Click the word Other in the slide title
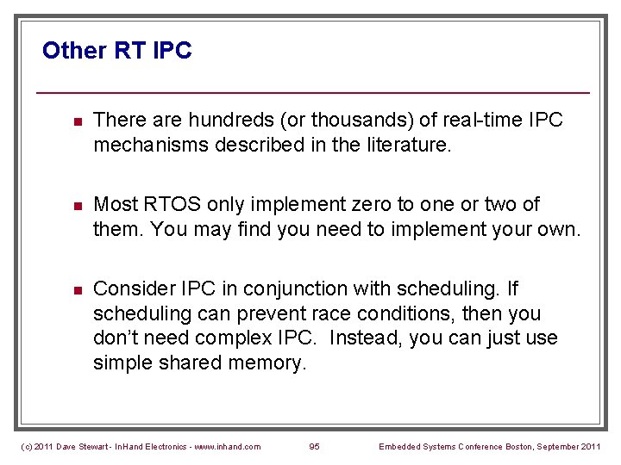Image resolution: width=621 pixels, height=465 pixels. pyautogui.click(x=74, y=51)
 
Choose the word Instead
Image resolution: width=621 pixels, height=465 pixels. pyautogui.click(x=367, y=338)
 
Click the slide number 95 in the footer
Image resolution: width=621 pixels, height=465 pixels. pyautogui.click(x=314, y=446)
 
